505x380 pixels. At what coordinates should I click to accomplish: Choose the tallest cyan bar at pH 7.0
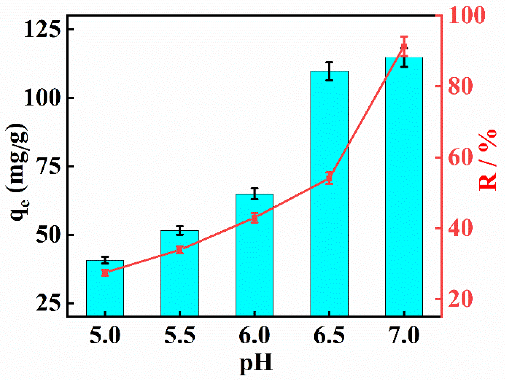[x=404, y=187]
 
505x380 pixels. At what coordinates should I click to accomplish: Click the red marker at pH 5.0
[x=105, y=273]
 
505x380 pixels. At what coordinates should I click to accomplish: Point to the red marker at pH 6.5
[x=329, y=178]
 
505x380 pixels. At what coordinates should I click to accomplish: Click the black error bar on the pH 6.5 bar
[x=329, y=71]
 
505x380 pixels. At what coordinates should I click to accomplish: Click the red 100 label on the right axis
[x=466, y=15]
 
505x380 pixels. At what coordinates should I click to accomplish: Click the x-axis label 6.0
[x=254, y=335]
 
